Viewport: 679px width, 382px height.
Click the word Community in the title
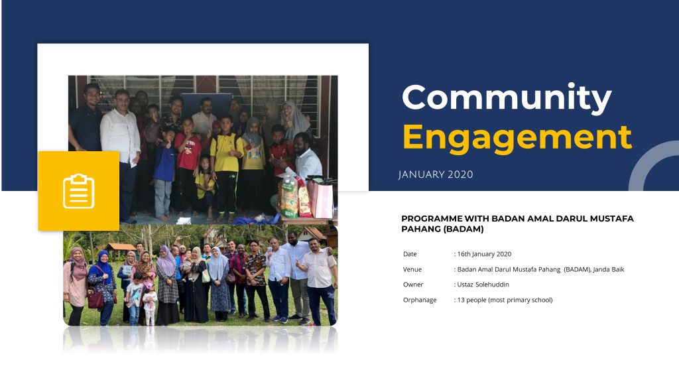tap(507, 98)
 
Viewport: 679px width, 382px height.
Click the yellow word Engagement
tap(517, 139)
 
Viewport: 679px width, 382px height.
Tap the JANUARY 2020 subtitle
tap(436, 174)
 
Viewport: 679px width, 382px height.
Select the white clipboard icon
tap(79, 191)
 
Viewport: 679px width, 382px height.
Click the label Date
tap(410, 254)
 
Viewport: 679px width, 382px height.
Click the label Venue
tap(412, 269)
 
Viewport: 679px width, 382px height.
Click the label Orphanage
tap(420, 300)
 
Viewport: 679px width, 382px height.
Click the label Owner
tap(413, 285)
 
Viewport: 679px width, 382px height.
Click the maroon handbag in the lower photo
tap(95, 298)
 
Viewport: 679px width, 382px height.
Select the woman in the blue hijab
tap(103, 286)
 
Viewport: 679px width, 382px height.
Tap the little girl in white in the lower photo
tap(150, 304)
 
